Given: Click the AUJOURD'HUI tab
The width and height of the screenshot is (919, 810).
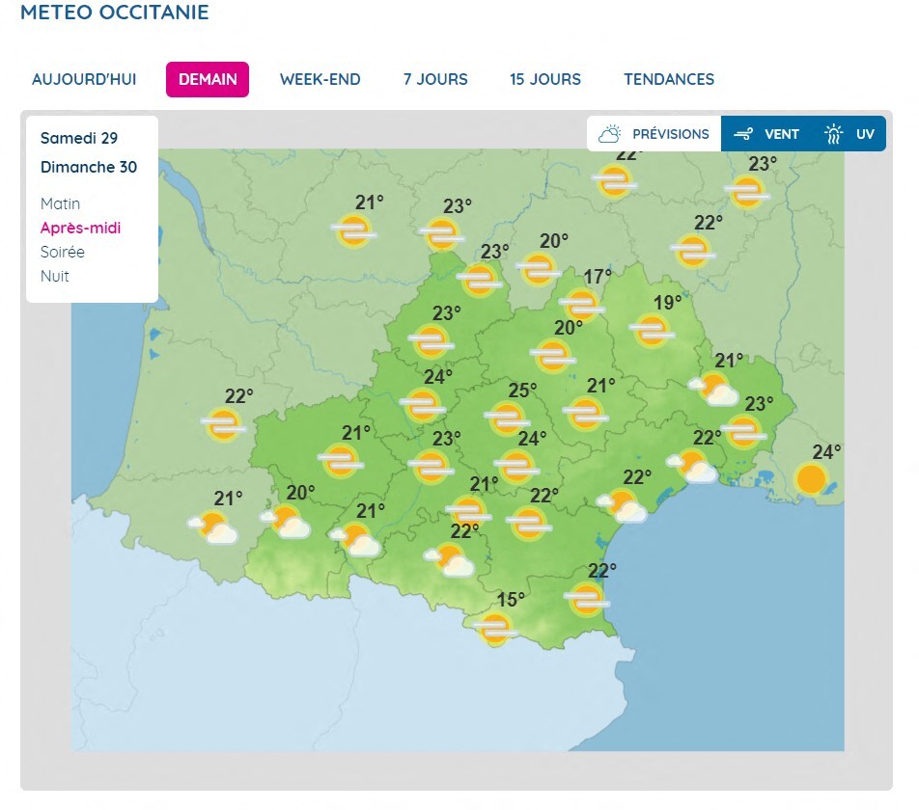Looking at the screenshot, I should [x=84, y=79].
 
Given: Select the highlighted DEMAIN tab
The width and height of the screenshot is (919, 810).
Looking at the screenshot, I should [x=208, y=79].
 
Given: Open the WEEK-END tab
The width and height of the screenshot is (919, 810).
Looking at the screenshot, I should [x=320, y=79].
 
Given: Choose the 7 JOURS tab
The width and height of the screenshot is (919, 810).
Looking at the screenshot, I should [x=435, y=79].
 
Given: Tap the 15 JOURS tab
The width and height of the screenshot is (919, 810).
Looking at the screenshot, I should [x=545, y=79].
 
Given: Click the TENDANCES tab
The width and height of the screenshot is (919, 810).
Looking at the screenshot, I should [x=669, y=79].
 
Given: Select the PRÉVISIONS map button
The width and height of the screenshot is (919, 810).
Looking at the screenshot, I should [x=654, y=134].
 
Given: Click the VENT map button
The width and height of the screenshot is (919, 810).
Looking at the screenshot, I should [x=767, y=134].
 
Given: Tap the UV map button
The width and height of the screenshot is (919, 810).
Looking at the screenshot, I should [x=850, y=134].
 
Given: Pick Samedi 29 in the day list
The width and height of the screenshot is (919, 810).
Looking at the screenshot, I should [x=79, y=138].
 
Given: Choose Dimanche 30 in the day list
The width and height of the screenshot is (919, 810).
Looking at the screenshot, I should [x=89, y=167].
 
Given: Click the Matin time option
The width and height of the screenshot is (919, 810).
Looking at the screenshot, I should [x=61, y=203].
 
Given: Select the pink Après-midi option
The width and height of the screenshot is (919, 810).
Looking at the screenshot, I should [x=81, y=228].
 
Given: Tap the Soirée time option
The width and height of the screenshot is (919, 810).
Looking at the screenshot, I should [x=63, y=252].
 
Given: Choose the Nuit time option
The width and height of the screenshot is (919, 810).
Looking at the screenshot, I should [x=55, y=276].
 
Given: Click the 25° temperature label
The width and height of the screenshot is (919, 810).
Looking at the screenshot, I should [x=522, y=391].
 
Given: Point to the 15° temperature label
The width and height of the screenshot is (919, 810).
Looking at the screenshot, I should [x=511, y=600].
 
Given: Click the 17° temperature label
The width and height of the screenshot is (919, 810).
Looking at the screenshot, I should [x=598, y=277].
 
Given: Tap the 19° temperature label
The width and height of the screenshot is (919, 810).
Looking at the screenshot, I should [x=667, y=303].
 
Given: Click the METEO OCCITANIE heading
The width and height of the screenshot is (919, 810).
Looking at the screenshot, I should [x=114, y=13].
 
